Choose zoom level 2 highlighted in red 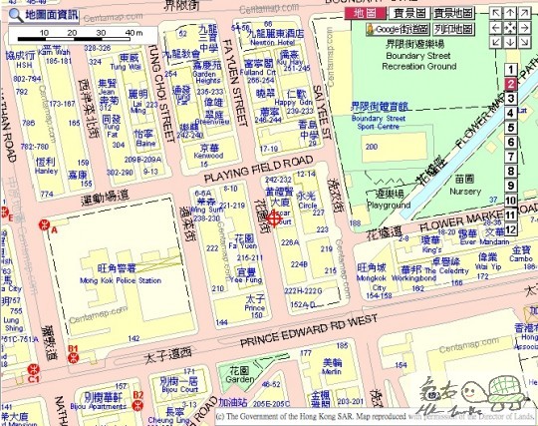[x=509, y=85]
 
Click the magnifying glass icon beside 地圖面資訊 [x=13, y=16]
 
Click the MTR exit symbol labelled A [x=43, y=228]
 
